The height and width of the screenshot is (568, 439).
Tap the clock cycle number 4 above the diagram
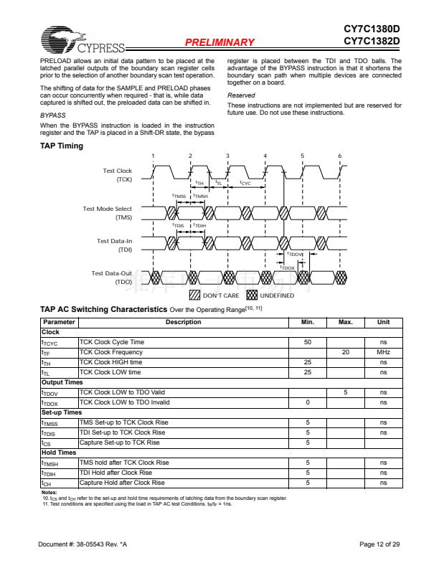pyautogui.click(x=265, y=156)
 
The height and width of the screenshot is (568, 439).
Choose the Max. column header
pyautogui.click(x=345, y=323)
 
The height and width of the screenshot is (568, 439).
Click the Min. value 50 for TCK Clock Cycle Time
pyautogui.click(x=307, y=342)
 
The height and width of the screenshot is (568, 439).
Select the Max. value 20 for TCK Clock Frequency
pyautogui.click(x=345, y=352)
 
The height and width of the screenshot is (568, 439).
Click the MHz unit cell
pyautogui.click(x=383, y=352)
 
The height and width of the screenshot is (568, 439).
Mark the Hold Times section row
pyautogui.click(x=58, y=453)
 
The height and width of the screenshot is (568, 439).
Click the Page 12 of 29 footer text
pyautogui.click(x=379, y=545)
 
